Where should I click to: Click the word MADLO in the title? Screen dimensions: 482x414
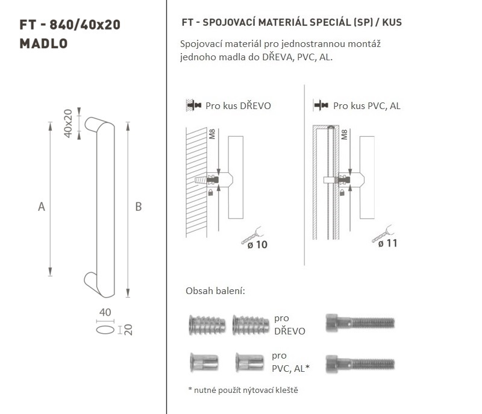click(x=43, y=43)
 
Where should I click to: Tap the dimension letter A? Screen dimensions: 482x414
click(x=42, y=207)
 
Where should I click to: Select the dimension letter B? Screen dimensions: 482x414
click(x=139, y=207)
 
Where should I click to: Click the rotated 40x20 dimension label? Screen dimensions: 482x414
click(x=68, y=124)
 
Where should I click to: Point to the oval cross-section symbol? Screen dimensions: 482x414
click(x=105, y=330)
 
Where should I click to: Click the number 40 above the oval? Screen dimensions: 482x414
click(x=105, y=312)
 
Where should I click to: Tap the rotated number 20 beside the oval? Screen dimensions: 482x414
click(x=129, y=330)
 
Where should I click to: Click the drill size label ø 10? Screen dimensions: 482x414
click(x=257, y=245)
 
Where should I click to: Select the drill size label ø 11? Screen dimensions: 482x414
click(x=387, y=243)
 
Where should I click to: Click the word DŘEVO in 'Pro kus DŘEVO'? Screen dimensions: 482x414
click(x=255, y=105)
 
